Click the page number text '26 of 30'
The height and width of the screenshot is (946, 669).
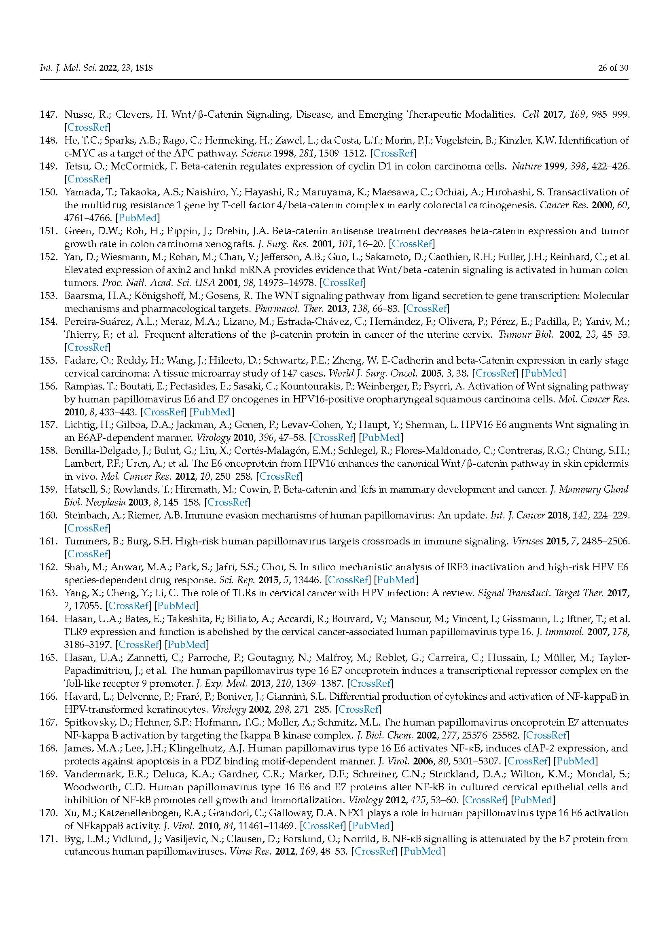coord(613,68)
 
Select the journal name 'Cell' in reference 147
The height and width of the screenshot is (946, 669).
coord(531,114)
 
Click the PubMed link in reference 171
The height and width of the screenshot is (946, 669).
coord(422,852)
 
